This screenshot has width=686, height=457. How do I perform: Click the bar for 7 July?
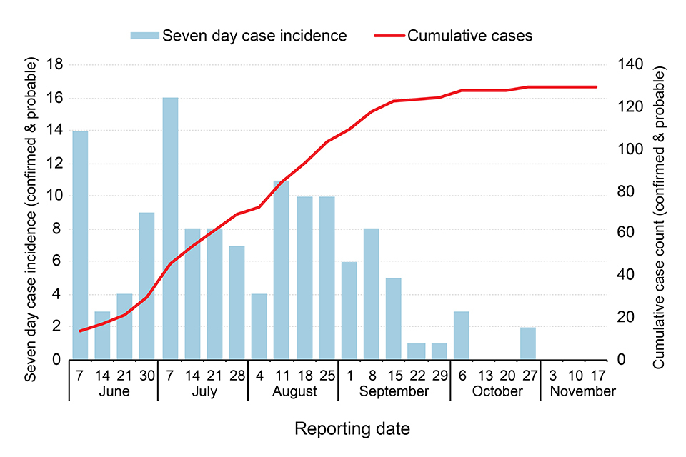point(170,228)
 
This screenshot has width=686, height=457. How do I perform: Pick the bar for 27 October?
point(528,343)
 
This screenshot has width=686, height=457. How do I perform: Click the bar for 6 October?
point(461,336)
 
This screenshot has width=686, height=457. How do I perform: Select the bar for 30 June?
point(147,286)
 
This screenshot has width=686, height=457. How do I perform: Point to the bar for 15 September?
point(394,318)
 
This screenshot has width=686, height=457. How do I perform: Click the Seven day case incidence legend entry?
point(239,36)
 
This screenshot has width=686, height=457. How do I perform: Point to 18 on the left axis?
point(54,66)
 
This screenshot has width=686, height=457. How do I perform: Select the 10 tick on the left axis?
point(54,196)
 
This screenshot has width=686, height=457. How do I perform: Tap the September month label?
point(394,391)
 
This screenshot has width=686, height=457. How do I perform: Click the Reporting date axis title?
point(353,429)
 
